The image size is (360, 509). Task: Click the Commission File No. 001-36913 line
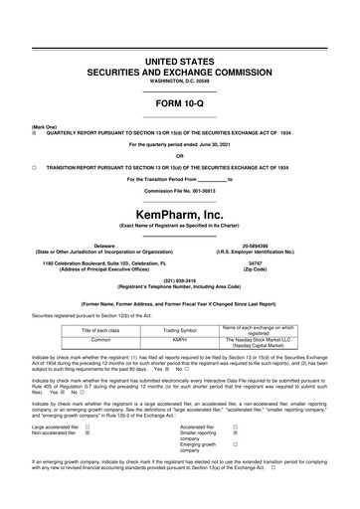(179, 190)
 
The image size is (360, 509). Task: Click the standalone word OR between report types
(179, 156)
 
